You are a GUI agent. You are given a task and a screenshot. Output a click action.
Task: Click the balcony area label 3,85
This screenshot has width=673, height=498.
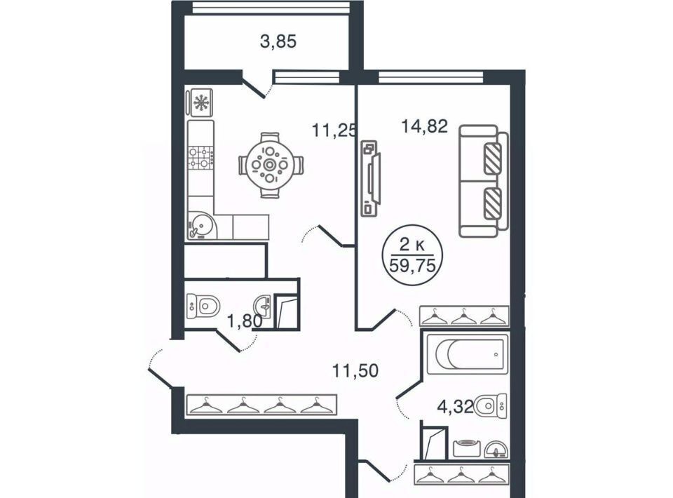[x=278, y=42]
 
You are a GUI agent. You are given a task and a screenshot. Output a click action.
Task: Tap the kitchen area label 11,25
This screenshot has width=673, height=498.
[x=334, y=130]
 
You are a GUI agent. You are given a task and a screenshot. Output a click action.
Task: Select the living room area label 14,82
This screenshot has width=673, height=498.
[x=425, y=126]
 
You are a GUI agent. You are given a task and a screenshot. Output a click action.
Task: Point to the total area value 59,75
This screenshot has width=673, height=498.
[x=412, y=266]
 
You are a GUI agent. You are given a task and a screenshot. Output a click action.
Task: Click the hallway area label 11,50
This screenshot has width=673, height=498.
[x=355, y=370]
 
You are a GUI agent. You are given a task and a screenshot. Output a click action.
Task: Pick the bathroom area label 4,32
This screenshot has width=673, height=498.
[x=456, y=405]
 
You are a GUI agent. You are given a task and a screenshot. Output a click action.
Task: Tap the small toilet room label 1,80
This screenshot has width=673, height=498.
[x=244, y=321]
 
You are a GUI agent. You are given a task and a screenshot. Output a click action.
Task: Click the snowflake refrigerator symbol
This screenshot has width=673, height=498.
[x=200, y=102]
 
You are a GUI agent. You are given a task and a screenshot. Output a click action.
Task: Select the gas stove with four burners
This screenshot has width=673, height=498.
[x=201, y=157]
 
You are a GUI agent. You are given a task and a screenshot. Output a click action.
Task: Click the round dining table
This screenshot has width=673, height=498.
[x=270, y=165]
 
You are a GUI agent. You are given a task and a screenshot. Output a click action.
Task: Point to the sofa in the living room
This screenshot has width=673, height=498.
[x=483, y=181]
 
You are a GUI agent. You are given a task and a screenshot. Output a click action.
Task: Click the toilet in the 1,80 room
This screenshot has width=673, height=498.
[x=204, y=307]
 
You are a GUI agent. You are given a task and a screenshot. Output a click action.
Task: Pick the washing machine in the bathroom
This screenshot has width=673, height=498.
[x=467, y=448]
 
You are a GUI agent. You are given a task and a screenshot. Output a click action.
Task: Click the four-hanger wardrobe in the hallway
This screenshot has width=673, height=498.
[x=261, y=405]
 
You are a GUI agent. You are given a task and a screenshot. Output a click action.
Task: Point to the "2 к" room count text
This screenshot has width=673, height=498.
[x=412, y=245]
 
